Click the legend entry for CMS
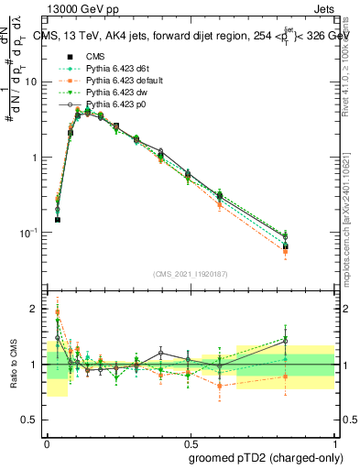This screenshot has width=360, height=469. (97, 57)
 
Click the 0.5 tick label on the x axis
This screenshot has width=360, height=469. (190, 441)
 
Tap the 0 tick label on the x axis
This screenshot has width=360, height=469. (47, 441)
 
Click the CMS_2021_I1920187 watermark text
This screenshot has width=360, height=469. (190, 274)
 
